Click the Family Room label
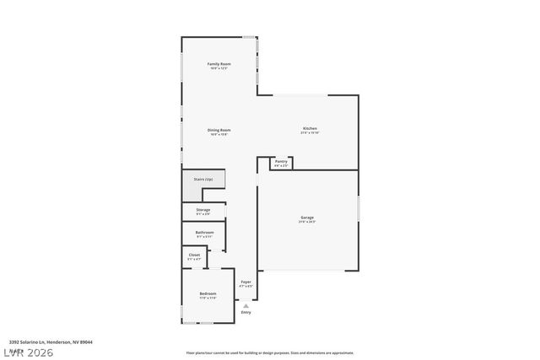(219, 64)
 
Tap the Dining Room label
(219, 130)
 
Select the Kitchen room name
(310, 128)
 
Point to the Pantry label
(281, 161)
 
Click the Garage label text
(307, 218)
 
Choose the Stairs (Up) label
(203, 180)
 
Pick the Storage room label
(203, 209)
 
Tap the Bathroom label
(204, 232)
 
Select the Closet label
(194, 255)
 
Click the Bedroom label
(208, 293)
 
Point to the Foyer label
(246, 282)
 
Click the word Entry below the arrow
(246, 312)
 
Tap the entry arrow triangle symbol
(246, 305)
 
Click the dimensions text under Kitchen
(310, 133)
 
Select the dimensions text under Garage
(307, 223)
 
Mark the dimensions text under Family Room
(219, 69)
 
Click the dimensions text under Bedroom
(208, 298)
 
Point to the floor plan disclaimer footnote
(270, 353)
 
